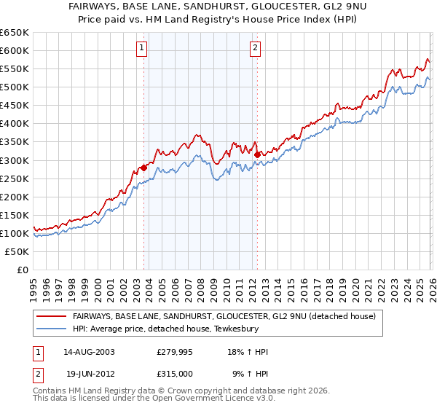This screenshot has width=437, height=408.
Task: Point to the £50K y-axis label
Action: pyautogui.click(x=15, y=251)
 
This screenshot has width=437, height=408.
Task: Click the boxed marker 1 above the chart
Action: pyautogui.click(x=141, y=49)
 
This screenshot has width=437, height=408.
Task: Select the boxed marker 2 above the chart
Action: pyautogui.click(x=256, y=49)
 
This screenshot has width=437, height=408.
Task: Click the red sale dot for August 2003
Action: pyautogui.click(x=144, y=167)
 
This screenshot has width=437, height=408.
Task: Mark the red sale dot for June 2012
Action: pyautogui.click(x=258, y=154)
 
